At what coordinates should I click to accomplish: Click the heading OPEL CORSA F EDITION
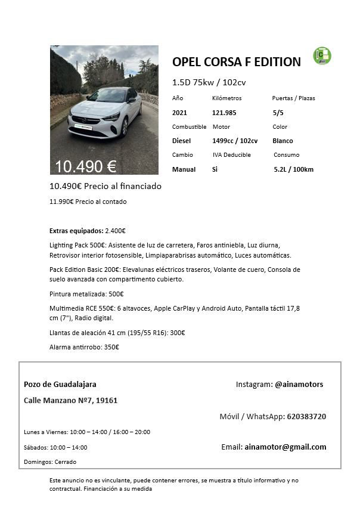click(236, 61)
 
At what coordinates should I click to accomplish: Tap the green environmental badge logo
click(322, 55)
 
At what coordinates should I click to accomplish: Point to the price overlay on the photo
click(85, 166)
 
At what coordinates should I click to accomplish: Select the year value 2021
click(179, 112)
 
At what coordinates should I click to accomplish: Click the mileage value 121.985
click(224, 112)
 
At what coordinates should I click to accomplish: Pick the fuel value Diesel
click(181, 141)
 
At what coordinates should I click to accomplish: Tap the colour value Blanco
click(283, 141)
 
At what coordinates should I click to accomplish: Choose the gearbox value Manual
click(184, 169)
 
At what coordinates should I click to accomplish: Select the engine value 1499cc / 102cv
click(235, 141)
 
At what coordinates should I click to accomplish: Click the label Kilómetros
click(227, 98)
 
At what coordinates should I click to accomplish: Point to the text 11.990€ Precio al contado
click(88, 202)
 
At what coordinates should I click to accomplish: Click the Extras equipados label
click(76, 231)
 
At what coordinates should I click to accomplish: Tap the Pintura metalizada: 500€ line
click(86, 294)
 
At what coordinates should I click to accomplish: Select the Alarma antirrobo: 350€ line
click(84, 346)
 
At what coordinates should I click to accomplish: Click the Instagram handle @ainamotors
click(299, 385)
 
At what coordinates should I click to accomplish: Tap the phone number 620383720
click(306, 416)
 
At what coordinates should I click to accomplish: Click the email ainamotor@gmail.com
click(285, 447)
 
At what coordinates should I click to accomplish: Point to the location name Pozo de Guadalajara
click(60, 385)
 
